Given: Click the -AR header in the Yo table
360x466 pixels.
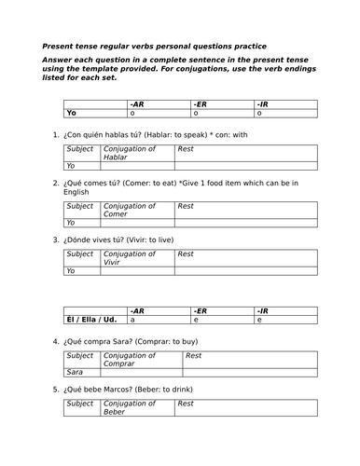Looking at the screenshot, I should pos(137,104).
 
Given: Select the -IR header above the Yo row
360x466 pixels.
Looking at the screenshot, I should pos(263,104).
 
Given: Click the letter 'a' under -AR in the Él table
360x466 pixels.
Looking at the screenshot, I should pos(132,319).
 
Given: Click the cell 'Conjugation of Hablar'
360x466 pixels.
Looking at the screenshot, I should pos(121,154).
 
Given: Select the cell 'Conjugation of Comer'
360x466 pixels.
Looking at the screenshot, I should pos(121,211).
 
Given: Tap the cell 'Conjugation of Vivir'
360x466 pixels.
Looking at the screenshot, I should pos(121,258).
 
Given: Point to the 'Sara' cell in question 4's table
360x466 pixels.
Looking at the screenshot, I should pos(75,372).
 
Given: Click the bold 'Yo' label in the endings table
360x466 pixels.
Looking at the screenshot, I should pos(71,114).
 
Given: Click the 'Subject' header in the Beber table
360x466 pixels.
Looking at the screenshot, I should pos(79,404).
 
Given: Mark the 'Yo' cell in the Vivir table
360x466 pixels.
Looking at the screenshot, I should pos(70,271).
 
